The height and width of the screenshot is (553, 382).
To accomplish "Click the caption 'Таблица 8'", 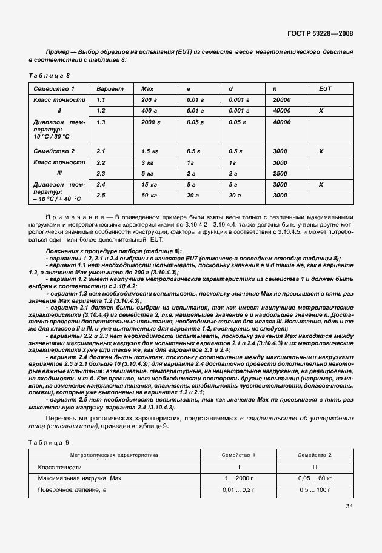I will (49, 75).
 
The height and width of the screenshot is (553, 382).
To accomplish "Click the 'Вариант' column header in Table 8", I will (110, 88).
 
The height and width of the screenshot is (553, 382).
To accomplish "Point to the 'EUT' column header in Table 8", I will (325, 88).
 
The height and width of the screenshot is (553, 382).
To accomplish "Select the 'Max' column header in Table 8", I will (147, 88).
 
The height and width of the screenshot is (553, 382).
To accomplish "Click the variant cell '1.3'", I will (101, 122).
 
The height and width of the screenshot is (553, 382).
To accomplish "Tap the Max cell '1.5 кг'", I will (150, 151).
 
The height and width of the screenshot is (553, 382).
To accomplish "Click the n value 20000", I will (283, 99).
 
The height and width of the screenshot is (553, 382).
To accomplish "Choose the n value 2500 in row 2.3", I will (280, 173).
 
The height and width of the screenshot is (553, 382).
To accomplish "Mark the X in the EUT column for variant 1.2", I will (321, 111).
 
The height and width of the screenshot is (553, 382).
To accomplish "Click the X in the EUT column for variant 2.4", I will (321, 184).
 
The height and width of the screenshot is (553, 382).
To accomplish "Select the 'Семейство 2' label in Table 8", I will (55, 151).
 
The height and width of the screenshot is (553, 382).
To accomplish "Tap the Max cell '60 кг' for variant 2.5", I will (149, 196).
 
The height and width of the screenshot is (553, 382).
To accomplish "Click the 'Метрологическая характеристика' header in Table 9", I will (114, 454).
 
